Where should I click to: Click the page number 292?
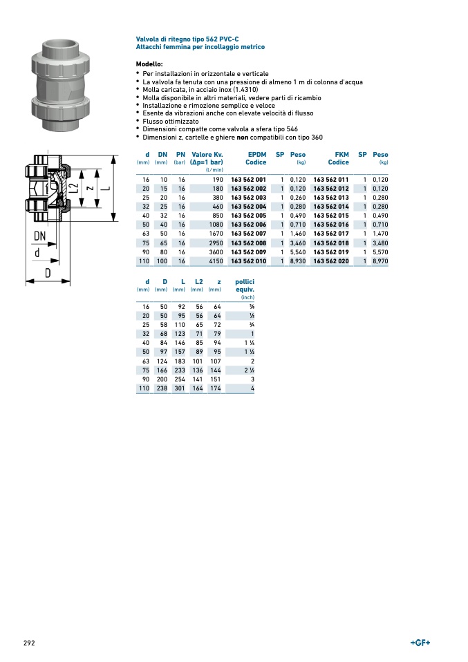(x=29, y=643)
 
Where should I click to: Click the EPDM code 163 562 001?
(x=248, y=179)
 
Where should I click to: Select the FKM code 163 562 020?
(x=331, y=261)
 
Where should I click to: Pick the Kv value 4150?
(x=216, y=261)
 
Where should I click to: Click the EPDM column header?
(x=255, y=155)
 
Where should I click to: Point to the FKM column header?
(x=341, y=155)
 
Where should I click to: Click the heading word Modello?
(x=149, y=64)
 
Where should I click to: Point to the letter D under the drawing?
(x=48, y=272)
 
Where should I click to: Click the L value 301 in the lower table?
(x=180, y=388)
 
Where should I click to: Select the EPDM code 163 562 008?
(x=248, y=243)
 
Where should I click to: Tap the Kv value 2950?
(x=216, y=243)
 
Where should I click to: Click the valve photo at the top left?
(x=61, y=84)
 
